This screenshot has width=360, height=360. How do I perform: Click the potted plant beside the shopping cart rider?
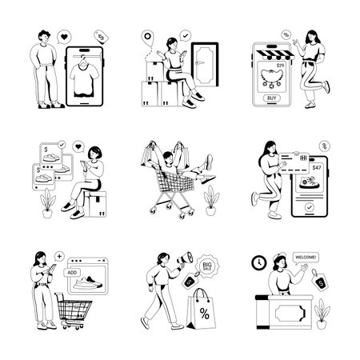click(210, 196)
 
